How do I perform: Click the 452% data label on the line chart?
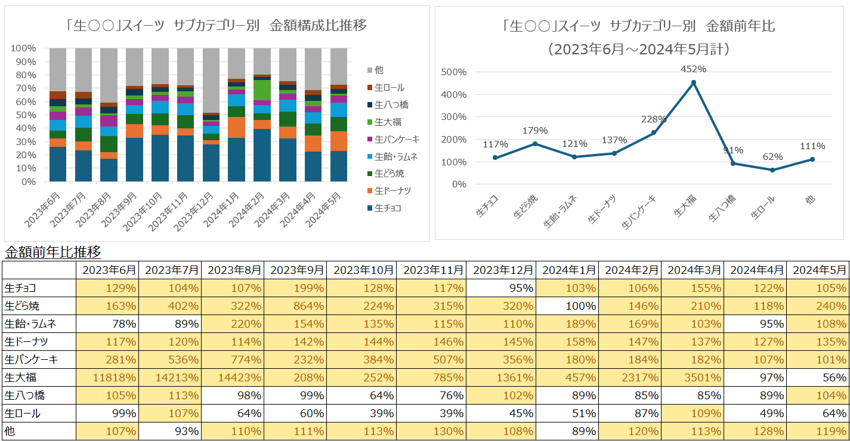click(693, 69)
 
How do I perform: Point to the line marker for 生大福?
click(693, 82)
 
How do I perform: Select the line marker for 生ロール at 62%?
click(772, 170)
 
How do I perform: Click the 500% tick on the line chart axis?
click(455, 72)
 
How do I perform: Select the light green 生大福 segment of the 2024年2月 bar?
click(262, 90)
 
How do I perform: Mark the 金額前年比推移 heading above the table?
click(52, 251)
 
